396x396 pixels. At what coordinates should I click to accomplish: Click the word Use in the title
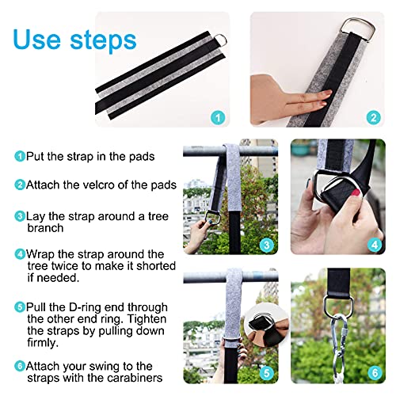pyautogui.click(x=36, y=40)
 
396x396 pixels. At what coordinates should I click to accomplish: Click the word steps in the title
pyautogui.click(x=103, y=40)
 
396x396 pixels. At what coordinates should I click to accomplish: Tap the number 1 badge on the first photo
pyautogui.click(x=218, y=118)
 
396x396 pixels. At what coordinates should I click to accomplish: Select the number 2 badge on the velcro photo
pyautogui.click(x=374, y=118)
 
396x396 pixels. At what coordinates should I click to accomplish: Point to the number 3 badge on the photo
pyautogui.click(x=267, y=245)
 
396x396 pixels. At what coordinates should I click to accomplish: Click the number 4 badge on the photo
pyautogui.click(x=375, y=245)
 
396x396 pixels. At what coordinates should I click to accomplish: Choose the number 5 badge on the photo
pyautogui.click(x=267, y=373)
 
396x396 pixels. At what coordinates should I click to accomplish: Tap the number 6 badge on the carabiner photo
pyautogui.click(x=375, y=373)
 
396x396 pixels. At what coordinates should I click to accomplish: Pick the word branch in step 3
pyautogui.click(x=45, y=228)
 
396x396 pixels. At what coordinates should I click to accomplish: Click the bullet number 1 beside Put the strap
pyautogui.click(x=20, y=156)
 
